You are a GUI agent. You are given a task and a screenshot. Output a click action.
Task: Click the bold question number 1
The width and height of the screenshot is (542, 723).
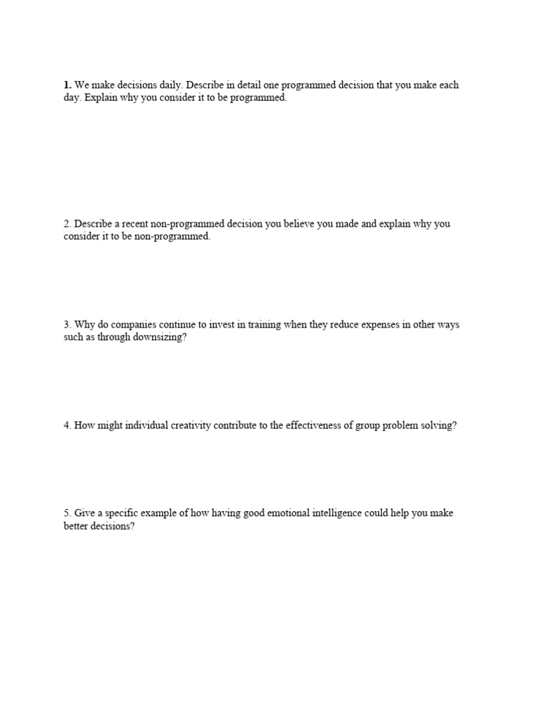coord(67,85)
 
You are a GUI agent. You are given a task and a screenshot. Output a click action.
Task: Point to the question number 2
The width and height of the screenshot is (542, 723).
coord(67,224)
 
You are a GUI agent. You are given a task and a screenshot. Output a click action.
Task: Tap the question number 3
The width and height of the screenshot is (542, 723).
coord(67,325)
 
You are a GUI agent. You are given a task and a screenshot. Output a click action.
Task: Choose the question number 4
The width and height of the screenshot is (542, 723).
coord(67,426)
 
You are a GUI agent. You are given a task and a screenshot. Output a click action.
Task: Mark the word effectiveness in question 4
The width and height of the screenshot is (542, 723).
coord(304,426)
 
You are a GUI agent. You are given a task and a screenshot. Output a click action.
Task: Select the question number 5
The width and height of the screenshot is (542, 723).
coord(67,513)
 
